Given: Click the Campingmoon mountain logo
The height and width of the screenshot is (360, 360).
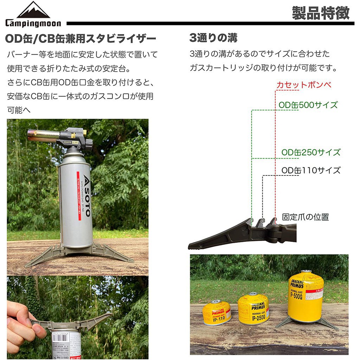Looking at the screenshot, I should click(x=33, y=11).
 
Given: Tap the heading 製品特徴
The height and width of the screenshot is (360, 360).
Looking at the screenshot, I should click(x=320, y=13).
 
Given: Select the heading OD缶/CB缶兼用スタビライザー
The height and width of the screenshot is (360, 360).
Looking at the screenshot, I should click(x=81, y=38).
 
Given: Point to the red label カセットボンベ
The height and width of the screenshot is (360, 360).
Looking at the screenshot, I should click(x=304, y=85).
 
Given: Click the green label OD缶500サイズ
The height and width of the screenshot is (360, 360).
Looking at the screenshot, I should click(x=308, y=105).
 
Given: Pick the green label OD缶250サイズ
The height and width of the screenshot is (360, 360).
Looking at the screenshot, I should click(x=311, y=153).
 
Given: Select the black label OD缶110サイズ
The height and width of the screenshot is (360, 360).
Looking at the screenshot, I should click(x=311, y=171).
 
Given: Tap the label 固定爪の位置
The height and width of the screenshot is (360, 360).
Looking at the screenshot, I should click(x=305, y=217).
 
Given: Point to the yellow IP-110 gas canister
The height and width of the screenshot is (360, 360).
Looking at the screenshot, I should click(x=217, y=312).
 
